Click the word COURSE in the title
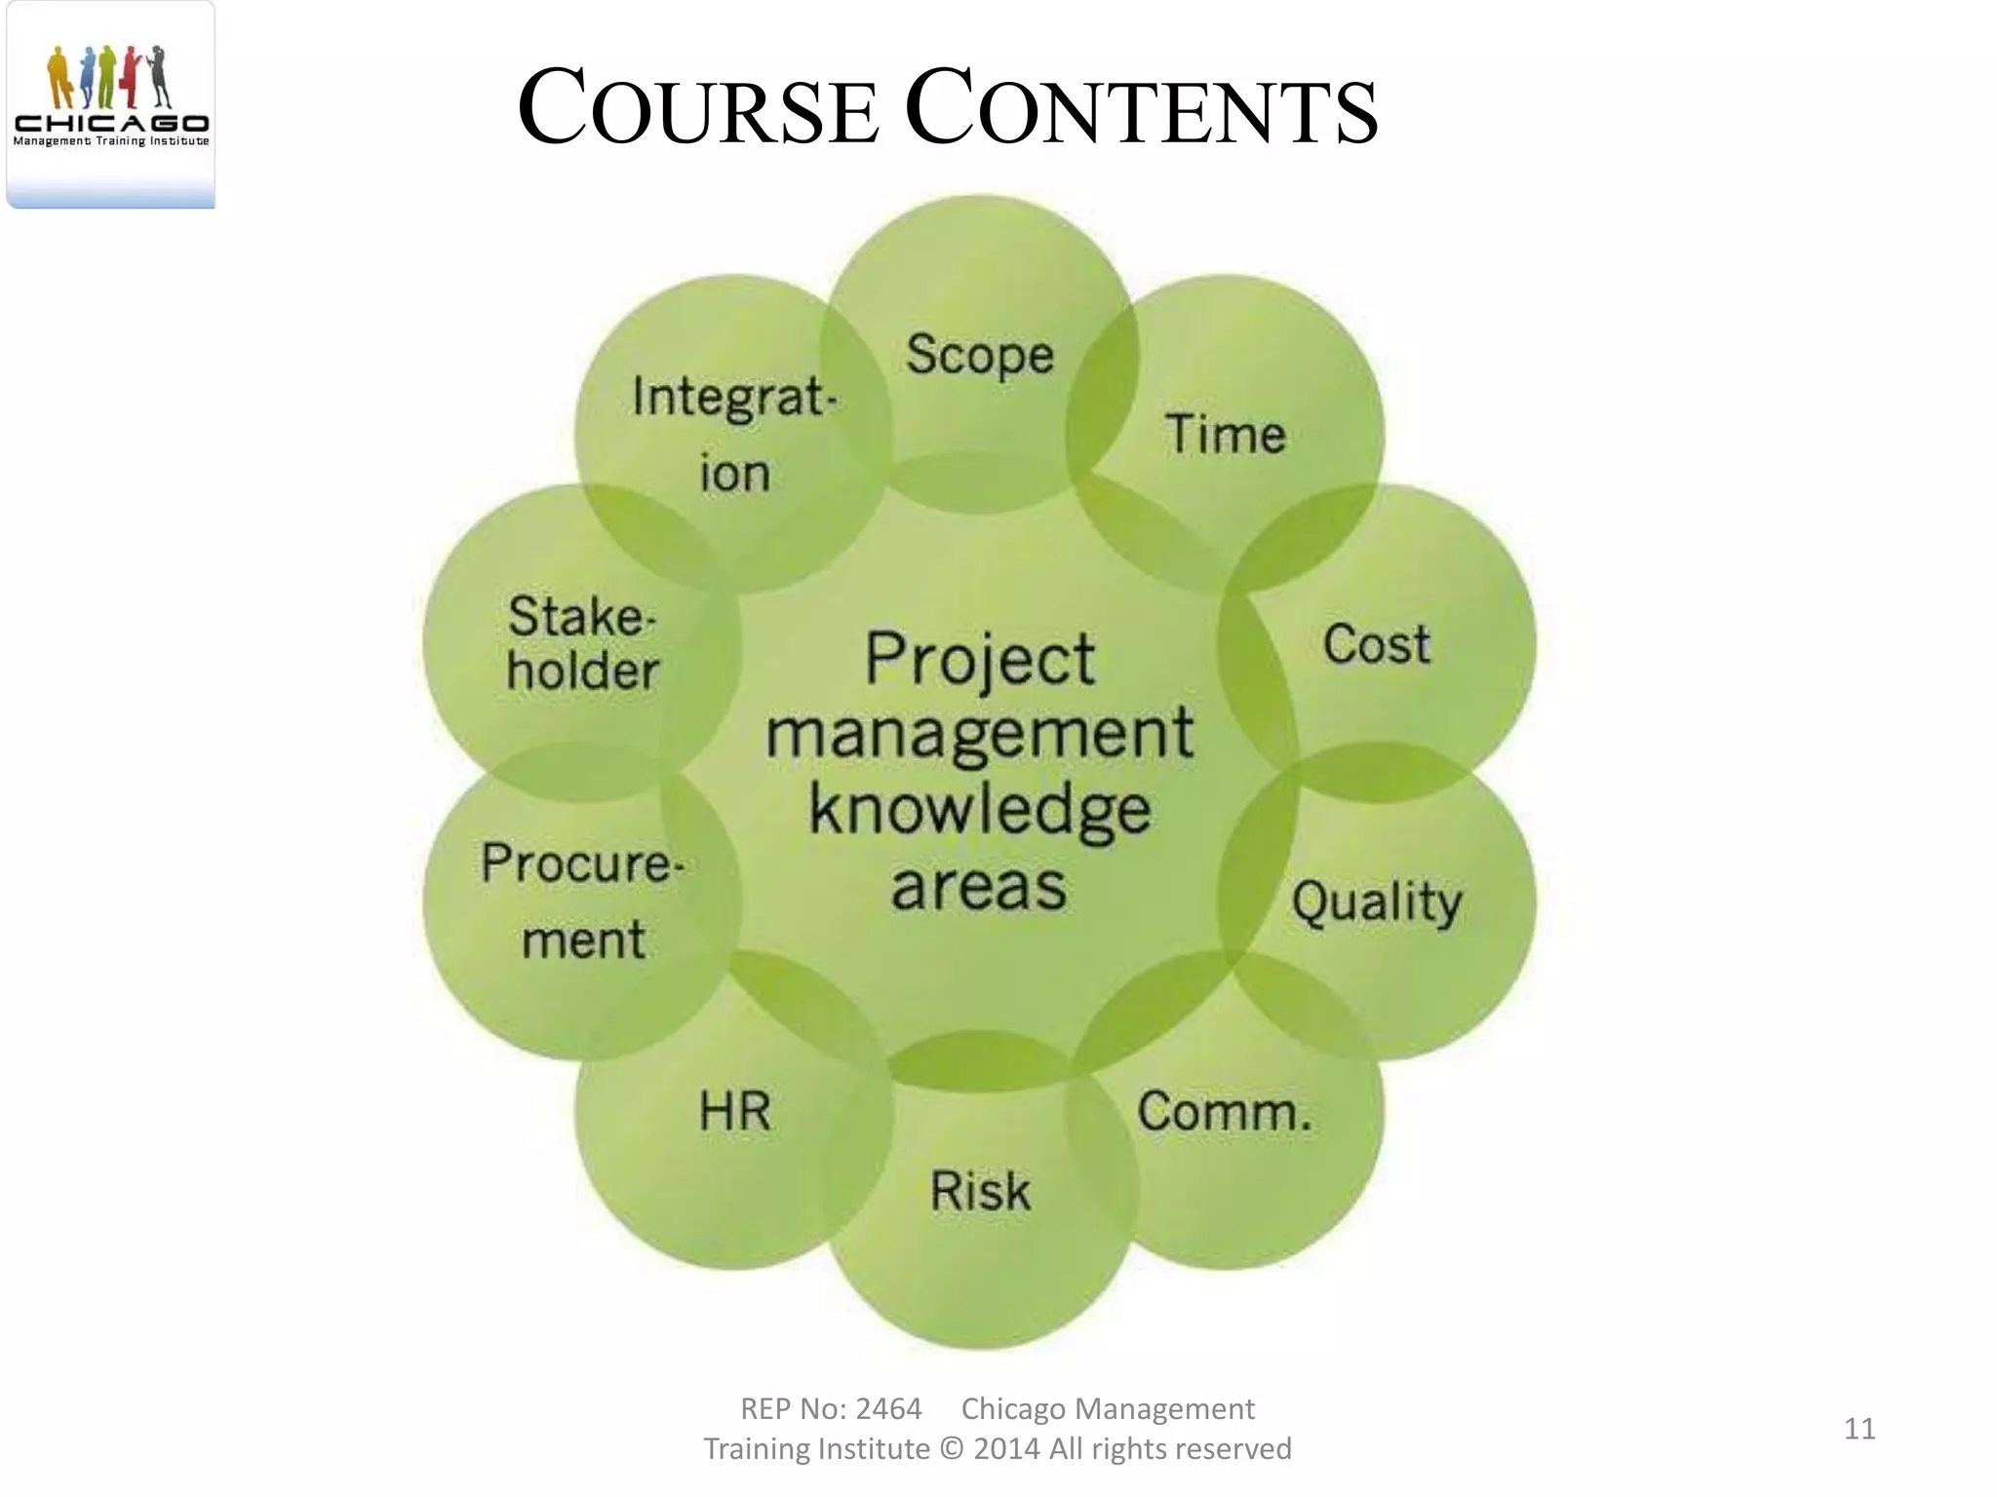pyautogui.click(x=697, y=109)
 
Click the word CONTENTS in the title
pyautogui.click(x=1141, y=109)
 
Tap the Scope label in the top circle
pyautogui.click(x=980, y=355)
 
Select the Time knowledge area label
pyautogui.click(x=1226, y=435)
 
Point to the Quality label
pyautogui.click(x=1377, y=902)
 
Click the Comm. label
pyautogui.click(x=1225, y=1112)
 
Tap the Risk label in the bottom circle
pyautogui.click(x=980, y=1192)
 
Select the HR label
pyautogui.click(x=735, y=1112)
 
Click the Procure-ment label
pyautogui.click(x=583, y=902)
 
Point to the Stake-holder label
pyautogui.click(x=583, y=644)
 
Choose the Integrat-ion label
pyautogui.click(x=734, y=435)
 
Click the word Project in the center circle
pyautogui.click(x=980, y=660)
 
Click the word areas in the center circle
pyautogui.click(x=979, y=888)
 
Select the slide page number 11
pyautogui.click(x=1860, y=1429)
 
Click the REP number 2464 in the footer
pyautogui.click(x=888, y=1409)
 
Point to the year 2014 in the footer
pyautogui.click(x=1006, y=1449)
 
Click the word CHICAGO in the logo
pyautogui.click(x=111, y=123)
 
